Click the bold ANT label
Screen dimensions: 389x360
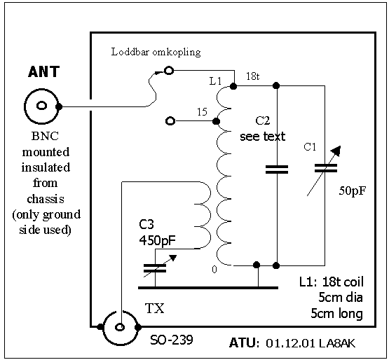[44, 72]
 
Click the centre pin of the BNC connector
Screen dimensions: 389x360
[41, 106]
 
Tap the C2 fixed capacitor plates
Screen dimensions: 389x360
[277, 169]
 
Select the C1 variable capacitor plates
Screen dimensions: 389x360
[325, 168]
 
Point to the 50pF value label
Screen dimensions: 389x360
[353, 191]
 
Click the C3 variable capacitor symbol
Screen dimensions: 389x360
[159, 268]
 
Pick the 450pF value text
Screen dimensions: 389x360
[157, 240]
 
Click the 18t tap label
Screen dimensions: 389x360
[253, 76]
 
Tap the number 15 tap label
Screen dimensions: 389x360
[202, 112]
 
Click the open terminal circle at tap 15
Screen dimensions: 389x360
[170, 121]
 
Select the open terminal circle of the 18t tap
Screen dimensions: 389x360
[169, 71]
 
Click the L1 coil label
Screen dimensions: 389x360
[215, 81]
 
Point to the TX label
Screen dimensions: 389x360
[155, 308]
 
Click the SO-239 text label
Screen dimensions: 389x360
[172, 340]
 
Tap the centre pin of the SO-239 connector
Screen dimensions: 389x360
[120, 327]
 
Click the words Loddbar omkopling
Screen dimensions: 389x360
[156, 53]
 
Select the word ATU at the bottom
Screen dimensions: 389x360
[242, 343]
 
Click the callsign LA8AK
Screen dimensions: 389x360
[337, 343]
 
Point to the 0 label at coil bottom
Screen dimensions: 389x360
[214, 270]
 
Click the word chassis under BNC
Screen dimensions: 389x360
[46, 199]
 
